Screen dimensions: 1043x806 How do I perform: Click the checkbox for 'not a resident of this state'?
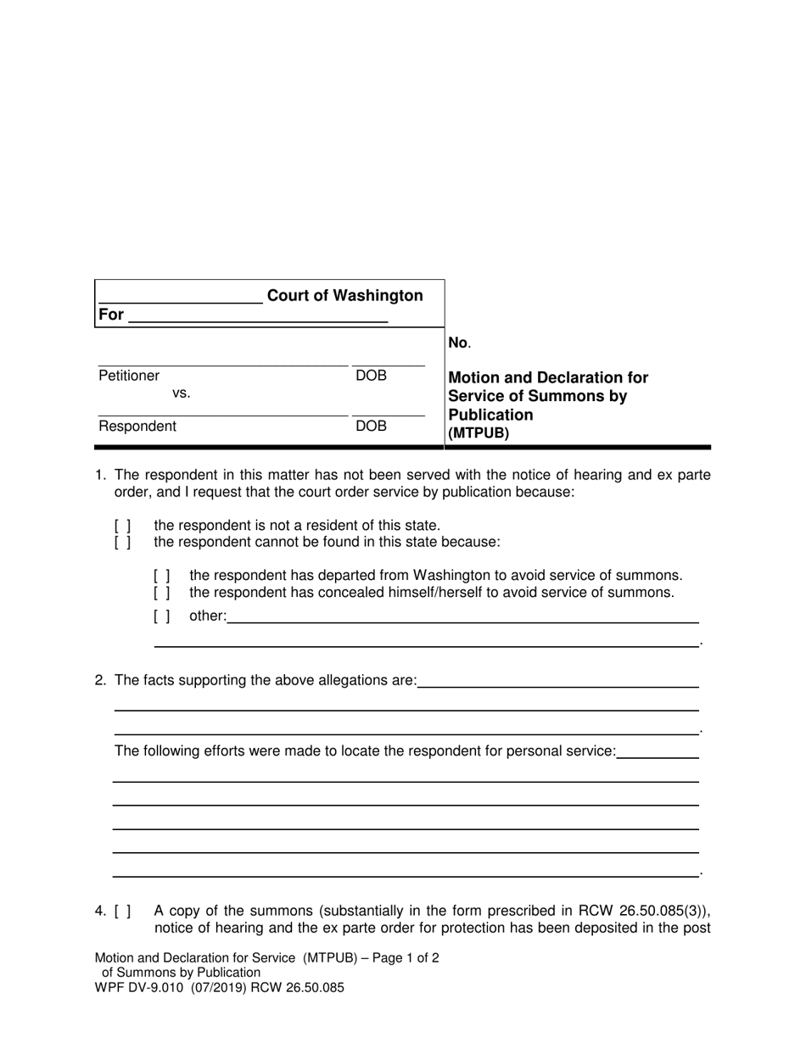[x=122, y=526]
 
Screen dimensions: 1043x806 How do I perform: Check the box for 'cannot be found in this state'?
[x=122, y=542]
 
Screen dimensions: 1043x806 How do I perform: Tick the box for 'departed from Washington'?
[x=162, y=576]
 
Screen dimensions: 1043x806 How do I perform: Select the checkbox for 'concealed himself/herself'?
[x=162, y=592]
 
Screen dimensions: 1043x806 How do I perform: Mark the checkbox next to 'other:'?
[x=162, y=616]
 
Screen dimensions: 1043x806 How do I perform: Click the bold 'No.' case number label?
[x=458, y=343]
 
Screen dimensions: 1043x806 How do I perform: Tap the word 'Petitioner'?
[x=129, y=376]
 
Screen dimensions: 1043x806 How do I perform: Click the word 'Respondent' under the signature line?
[x=137, y=427]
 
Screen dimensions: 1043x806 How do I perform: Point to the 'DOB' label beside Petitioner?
[x=371, y=376]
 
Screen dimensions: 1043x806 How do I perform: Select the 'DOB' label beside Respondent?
[x=371, y=427]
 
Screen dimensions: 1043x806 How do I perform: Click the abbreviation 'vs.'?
[x=182, y=393]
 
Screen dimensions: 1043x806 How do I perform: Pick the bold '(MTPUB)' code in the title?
[x=479, y=433]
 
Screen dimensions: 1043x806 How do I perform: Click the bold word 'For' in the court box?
[x=111, y=315]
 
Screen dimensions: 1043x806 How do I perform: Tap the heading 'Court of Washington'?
[x=344, y=296]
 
